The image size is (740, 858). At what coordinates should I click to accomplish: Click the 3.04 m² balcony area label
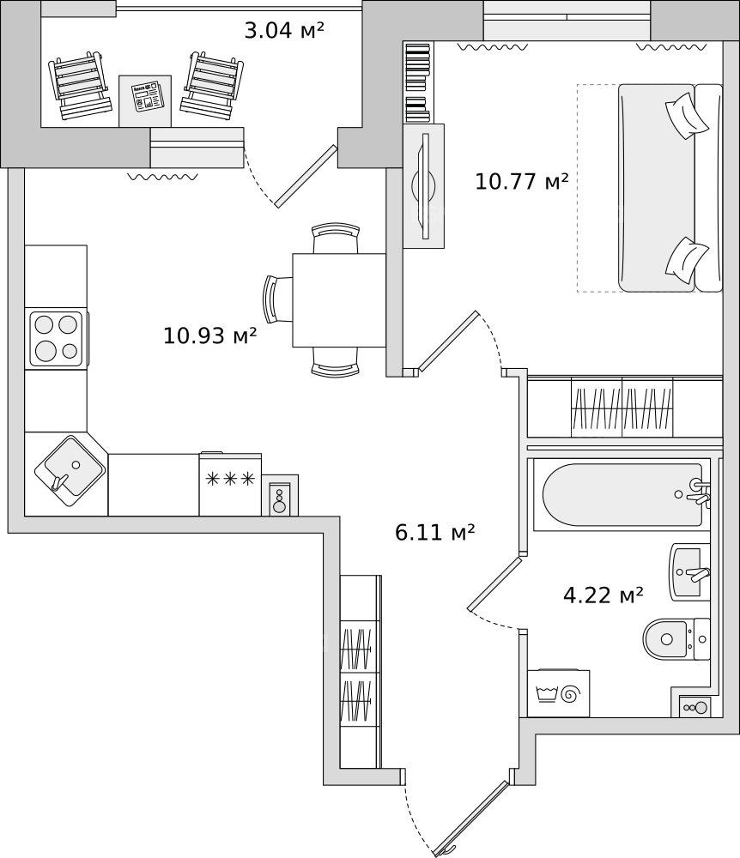284,30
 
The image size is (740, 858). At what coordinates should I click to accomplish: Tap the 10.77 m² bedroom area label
522,181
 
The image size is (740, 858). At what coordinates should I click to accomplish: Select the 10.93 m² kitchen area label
210,335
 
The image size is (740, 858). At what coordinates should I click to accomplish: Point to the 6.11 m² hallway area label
434,532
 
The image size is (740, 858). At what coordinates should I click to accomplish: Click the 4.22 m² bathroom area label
604,595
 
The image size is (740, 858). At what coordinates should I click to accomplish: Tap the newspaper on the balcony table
147,97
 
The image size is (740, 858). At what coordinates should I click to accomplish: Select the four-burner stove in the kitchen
57,338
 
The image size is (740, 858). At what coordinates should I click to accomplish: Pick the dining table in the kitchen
339,299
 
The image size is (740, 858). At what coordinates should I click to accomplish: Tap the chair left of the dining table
279,299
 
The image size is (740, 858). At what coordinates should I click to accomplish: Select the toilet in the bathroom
676,639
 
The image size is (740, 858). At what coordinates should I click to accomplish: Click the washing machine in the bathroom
559,692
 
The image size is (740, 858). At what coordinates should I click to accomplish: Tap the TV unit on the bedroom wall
423,186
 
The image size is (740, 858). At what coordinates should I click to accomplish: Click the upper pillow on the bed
687,116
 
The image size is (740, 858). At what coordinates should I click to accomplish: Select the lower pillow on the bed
687,261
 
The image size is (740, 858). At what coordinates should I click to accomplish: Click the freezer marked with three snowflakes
230,484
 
